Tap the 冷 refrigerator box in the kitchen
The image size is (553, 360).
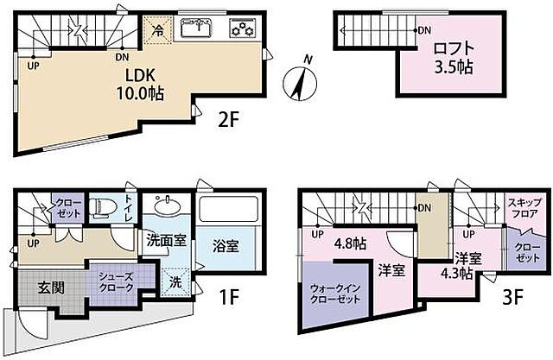coord(158,28)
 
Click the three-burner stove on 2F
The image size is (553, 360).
coord(241,29)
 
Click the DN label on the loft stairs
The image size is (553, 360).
coord(423,31)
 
